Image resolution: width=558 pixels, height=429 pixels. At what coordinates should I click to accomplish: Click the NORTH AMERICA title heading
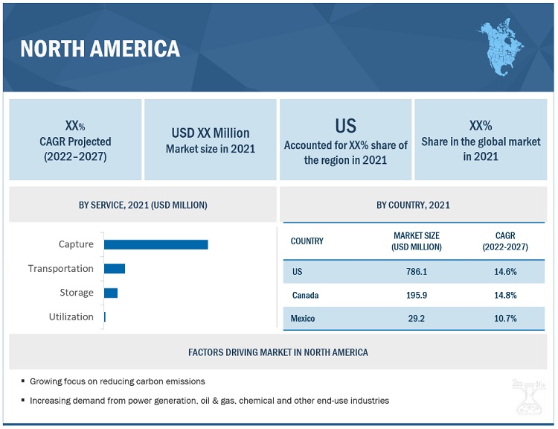tap(100, 48)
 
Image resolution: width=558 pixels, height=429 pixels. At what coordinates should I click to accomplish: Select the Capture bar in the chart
tap(156, 244)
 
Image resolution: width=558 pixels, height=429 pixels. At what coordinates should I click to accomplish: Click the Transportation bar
tap(115, 268)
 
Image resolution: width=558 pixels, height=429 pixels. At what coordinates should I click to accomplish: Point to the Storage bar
tap(111, 293)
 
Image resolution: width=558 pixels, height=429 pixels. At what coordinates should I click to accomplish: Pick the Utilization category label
tap(71, 317)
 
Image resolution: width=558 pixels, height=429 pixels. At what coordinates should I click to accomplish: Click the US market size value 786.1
tap(417, 272)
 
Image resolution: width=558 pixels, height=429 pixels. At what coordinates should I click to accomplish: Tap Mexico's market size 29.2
tap(417, 319)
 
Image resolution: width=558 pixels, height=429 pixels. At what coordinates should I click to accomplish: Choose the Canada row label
tap(305, 296)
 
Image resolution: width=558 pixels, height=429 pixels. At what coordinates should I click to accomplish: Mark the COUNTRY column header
tap(307, 241)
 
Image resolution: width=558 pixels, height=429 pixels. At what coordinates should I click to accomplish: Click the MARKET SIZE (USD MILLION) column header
tap(417, 241)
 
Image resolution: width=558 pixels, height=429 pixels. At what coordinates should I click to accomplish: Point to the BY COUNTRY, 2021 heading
tap(413, 205)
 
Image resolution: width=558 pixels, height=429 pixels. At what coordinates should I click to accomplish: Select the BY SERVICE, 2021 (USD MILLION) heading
tap(143, 205)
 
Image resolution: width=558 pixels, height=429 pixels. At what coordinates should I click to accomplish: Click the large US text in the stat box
tap(345, 126)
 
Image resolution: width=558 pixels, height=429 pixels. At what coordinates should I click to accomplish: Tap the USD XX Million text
tap(211, 133)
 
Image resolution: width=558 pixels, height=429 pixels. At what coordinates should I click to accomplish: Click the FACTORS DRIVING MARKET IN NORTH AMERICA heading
tap(278, 352)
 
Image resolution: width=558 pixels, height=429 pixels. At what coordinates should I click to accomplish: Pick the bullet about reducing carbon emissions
tap(117, 381)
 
